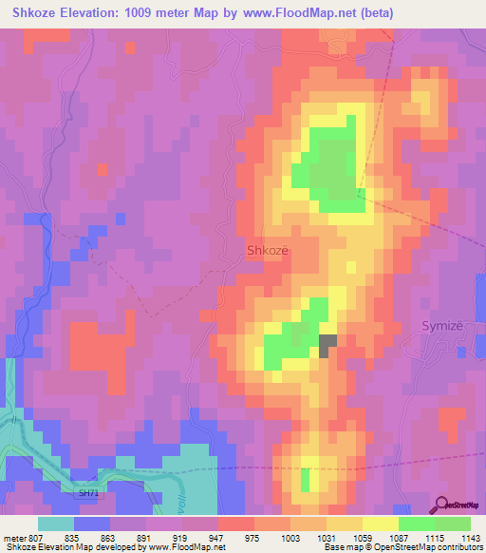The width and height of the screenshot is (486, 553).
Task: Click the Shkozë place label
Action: pos(267,251)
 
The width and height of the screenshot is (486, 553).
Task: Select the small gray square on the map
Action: pos(327,346)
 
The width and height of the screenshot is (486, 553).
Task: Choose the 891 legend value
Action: pos(146,537)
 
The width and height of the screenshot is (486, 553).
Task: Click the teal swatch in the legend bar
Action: pos(56,524)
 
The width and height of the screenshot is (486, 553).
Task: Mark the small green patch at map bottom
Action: pos(305,480)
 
